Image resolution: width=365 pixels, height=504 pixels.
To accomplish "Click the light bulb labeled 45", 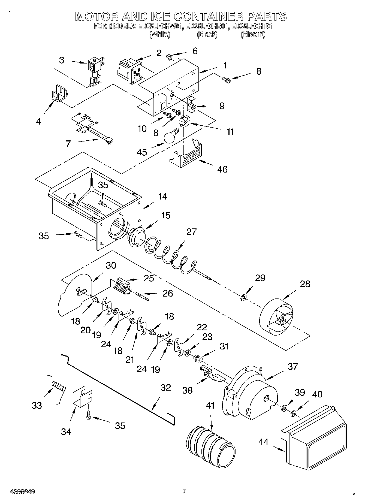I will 170,137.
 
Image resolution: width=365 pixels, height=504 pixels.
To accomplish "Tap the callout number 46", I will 222,169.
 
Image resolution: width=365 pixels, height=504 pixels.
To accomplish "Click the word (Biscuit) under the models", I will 253,34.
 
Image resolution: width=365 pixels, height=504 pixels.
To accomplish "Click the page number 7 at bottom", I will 184,491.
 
